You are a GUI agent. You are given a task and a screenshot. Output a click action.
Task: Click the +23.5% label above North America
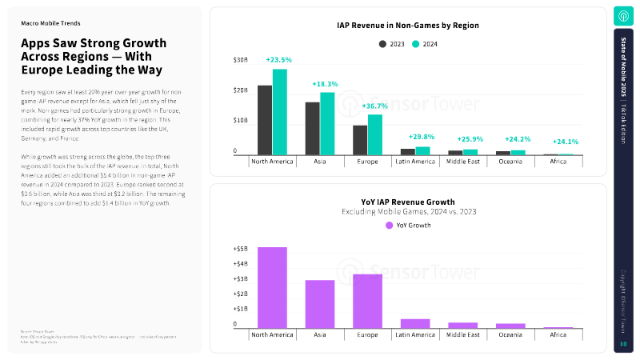pyautogui.click(x=278, y=60)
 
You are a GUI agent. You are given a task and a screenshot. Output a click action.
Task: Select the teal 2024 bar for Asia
pyautogui.click(x=327, y=123)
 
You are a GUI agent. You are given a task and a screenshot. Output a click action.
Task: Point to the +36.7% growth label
pyautogui.click(x=374, y=106)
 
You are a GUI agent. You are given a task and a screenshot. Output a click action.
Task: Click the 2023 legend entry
pyautogui.click(x=392, y=45)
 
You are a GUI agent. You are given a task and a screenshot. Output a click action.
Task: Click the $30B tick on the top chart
pyautogui.click(x=240, y=60)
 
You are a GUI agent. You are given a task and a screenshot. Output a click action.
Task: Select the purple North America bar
pyautogui.click(x=272, y=287)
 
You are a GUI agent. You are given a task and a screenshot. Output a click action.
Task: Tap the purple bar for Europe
pyautogui.click(x=367, y=301)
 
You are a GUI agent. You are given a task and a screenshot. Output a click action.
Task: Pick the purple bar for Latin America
pyautogui.click(x=415, y=323)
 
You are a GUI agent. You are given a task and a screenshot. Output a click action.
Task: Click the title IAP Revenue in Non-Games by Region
pyautogui.click(x=408, y=26)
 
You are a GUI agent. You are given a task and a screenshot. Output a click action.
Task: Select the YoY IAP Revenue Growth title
pyautogui.click(x=408, y=202)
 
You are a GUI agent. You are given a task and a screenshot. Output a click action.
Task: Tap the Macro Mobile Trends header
pyautogui.click(x=50, y=23)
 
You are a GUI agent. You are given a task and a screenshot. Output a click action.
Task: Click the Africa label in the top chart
pyautogui.click(x=558, y=162)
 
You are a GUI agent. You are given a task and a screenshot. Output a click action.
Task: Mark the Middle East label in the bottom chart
pyautogui.click(x=462, y=335)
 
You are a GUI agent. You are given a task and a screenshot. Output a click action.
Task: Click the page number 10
pyautogui.click(x=623, y=344)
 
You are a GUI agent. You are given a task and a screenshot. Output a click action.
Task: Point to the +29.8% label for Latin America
pyautogui.click(x=422, y=137)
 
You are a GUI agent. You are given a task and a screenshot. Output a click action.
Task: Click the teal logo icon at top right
pyautogui.click(x=623, y=17)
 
